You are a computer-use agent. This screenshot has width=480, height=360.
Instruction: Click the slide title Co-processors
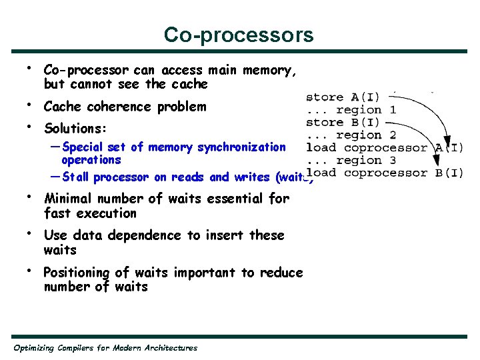(x=239, y=35)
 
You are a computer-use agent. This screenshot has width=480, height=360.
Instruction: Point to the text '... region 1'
(x=351, y=110)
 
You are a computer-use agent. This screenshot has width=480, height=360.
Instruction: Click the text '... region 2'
(x=351, y=135)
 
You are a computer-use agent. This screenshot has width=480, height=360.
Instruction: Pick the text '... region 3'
(x=351, y=161)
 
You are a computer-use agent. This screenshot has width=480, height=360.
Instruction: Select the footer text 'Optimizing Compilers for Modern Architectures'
(x=105, y=347)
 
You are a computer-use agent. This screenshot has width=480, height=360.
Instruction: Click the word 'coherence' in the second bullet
(x=115, y=107)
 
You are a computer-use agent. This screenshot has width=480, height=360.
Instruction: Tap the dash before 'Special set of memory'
(x=55, y=147)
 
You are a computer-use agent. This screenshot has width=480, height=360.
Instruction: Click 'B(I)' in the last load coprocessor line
(x=449, y=173)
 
